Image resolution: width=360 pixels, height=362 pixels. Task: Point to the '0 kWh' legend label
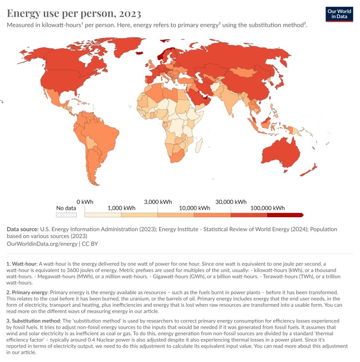85,202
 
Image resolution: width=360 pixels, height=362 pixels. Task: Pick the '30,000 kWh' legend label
231,202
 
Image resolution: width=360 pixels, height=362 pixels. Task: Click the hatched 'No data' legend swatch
66,215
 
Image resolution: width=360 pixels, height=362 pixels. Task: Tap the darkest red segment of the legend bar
284,215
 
